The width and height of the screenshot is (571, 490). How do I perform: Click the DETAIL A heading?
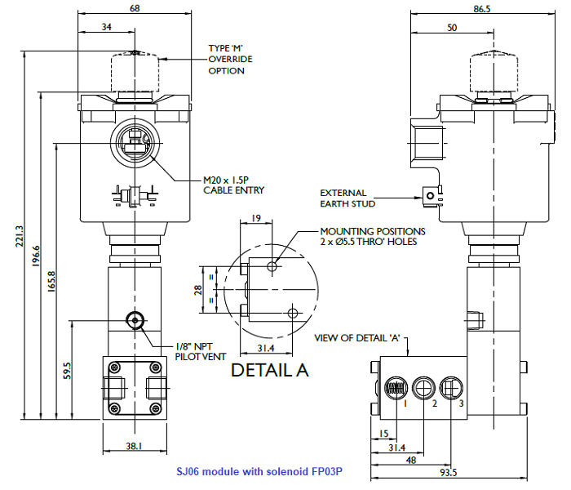tap(270, 369)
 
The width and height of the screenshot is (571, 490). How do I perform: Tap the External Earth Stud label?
tap(343, 199)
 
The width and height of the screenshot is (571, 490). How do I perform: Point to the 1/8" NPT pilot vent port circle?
tap(135, 318)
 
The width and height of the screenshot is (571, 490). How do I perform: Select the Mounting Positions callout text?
tap(372, 236)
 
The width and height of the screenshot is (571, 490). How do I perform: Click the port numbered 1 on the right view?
tap(396, 388)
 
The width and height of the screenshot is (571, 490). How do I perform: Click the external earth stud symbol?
tap(427, 194)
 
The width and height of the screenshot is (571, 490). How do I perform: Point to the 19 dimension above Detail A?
tap(255, 218)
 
